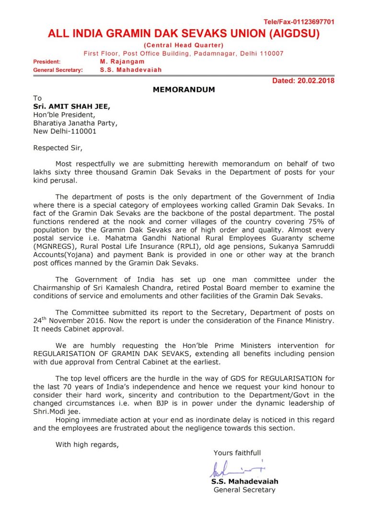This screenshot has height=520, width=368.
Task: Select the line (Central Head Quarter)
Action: point(184,45)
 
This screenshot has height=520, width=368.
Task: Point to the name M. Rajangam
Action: point(122,61)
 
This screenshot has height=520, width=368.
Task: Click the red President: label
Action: point(47,62)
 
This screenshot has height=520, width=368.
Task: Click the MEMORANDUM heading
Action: point(184,90)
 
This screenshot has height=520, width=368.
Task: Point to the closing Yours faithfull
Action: point(237,452)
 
